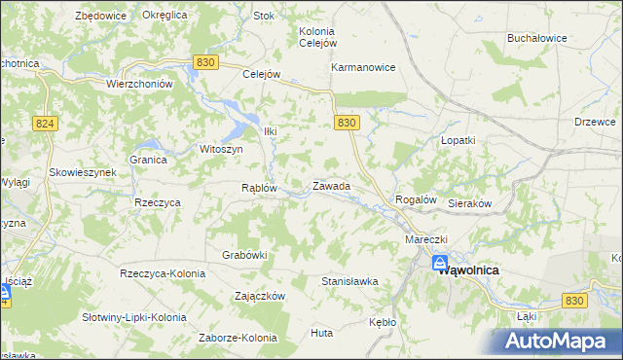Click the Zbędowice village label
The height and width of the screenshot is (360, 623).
[x=102, y=16]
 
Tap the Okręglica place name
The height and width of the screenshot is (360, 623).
[x=165, y=16]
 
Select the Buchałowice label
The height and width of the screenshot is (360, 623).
[x=536, y=38]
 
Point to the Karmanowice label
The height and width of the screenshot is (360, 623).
[x=363, y=68]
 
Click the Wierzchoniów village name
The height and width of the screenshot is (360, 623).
[x=139, y=84]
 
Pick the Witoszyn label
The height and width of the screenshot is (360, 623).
[x=220, y=149]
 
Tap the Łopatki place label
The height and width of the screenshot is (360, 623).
[x=458, y=140]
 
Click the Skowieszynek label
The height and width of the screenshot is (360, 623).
[x=84, y=172]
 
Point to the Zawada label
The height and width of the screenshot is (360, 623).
[x=331, y=185]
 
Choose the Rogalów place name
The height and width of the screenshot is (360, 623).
[x=414, y=199]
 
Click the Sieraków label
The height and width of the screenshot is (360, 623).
[x=470, y=204]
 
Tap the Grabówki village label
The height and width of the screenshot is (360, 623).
[x=244, y=255]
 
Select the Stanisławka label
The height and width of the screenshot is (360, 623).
[x=349, y=281]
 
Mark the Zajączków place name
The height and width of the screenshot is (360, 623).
[x=259, y=295]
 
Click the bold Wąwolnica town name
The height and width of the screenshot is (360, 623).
[x=469, y=270]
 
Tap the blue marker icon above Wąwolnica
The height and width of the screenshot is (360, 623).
[x=440, y=263]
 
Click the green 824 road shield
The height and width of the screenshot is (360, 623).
[x=43, y=124]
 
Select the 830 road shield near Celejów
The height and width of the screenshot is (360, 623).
[x=204, y=61]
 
